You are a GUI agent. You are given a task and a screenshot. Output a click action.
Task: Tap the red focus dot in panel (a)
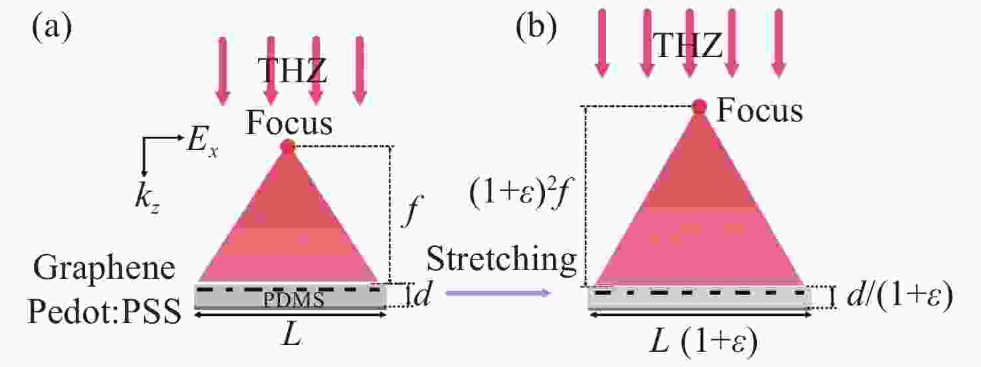pos(288,147)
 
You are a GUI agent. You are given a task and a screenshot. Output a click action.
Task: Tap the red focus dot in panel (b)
pos(699,106)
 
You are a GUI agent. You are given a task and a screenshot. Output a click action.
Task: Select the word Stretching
pos(501,260)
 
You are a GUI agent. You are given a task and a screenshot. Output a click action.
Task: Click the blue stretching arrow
pos(498,293)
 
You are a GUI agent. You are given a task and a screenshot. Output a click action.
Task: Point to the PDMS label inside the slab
pos(293,300)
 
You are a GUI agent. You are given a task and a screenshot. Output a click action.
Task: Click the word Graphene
pos(104,269)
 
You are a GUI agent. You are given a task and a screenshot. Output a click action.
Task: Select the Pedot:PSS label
pos(104,311)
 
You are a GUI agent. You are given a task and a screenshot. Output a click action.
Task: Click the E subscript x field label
pos(202,143)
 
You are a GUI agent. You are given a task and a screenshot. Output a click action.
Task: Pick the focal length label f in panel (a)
pos(411,211)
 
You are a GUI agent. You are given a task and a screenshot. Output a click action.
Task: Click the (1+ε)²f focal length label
pos(519,194)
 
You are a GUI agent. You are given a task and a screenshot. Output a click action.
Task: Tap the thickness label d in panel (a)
pos(423,294)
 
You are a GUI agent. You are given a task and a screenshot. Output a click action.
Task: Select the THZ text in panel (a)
pos(292,70)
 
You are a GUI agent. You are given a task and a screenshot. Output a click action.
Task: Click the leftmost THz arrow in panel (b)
pos(602,43)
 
